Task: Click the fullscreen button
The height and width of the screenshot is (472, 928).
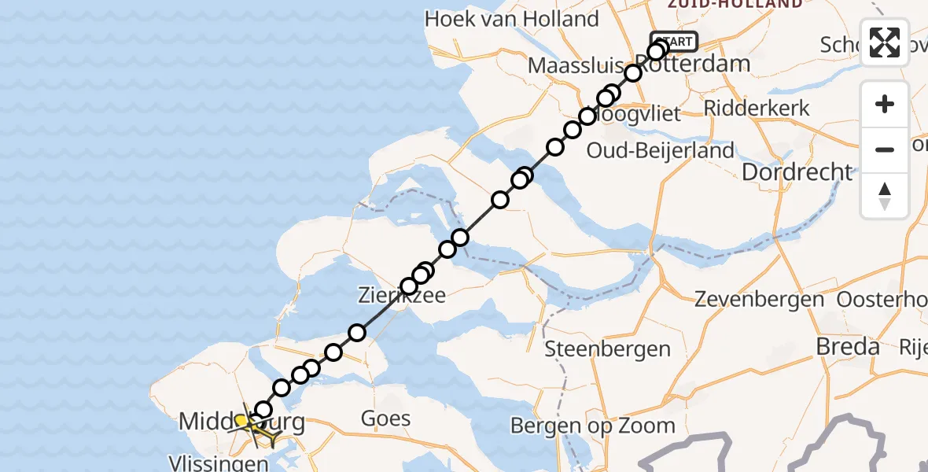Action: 885,42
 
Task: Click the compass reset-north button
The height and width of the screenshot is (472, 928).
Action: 885,195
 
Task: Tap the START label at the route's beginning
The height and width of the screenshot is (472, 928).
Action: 674,41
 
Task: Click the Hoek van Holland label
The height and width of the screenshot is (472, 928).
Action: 512,19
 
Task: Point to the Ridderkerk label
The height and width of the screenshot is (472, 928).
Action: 757,108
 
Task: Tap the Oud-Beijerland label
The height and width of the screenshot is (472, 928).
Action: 661,150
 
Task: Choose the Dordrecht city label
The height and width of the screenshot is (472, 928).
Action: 797,171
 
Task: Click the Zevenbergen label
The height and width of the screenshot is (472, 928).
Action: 760,299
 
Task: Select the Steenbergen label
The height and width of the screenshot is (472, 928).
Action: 608,348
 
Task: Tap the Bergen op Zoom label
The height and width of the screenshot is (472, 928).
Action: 593,426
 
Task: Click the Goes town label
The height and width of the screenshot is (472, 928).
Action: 385,418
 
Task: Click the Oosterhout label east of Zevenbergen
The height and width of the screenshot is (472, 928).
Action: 881,299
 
